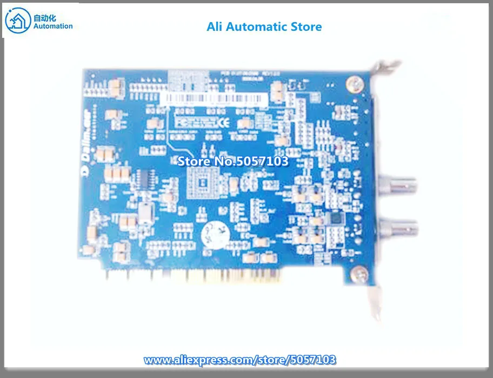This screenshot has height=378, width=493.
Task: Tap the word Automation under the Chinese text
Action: click(x=53, y=26)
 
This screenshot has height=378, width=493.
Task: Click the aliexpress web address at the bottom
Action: click(x=239, y=360)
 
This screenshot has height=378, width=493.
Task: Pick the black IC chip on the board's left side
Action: click(x=144, y=178)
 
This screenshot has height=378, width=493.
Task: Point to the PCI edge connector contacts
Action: click(x=227, y=277)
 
